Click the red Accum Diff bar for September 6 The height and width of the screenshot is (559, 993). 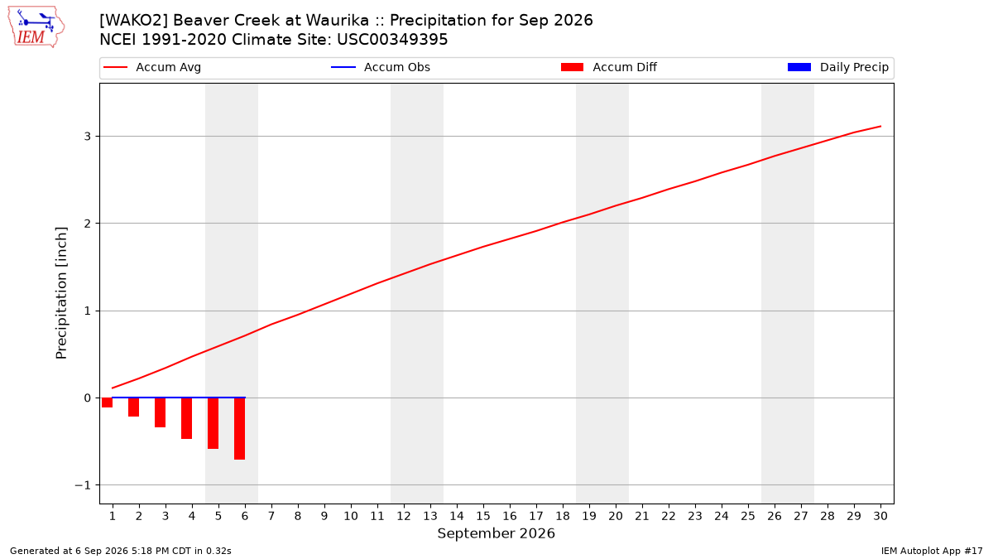coord(239,429)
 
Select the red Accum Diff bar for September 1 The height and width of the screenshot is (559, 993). coord(107,402)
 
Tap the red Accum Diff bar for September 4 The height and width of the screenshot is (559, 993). coord(187,418)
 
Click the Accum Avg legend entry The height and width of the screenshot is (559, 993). coord(152,67)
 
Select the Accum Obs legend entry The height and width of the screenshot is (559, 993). coord(381,67)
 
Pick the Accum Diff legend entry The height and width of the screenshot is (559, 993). coord(609,67)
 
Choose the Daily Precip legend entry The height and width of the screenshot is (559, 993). coord(837,67)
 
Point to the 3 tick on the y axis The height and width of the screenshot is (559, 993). coord(88,136)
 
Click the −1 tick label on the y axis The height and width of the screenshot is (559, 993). coord(83,485)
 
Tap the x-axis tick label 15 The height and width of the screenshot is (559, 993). coord(483,516)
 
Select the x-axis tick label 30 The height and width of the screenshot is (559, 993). coord(880,516)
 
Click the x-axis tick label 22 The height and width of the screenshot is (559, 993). coord(669,516)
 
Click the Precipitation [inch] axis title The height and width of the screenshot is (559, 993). coord(61,293)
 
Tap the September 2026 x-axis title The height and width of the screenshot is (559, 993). coord(496,533)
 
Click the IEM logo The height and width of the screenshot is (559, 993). coord(36,27)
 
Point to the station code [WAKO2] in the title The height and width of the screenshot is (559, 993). coord(133,21)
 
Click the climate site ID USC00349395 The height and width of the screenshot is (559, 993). coord(392,40)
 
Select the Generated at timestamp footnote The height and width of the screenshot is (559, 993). coord(121,551)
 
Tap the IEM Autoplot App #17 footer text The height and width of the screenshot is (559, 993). coord(932,551)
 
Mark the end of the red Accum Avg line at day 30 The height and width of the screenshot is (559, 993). coord(880,127)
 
